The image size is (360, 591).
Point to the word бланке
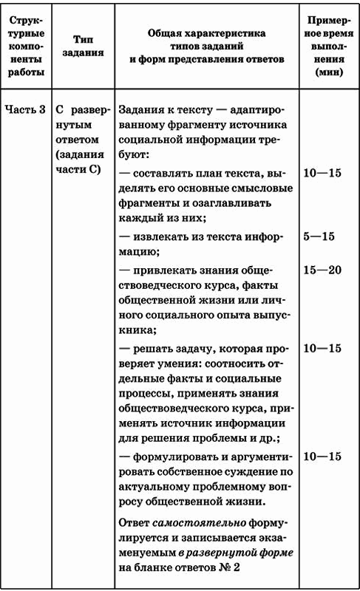(x=150, y=567)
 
